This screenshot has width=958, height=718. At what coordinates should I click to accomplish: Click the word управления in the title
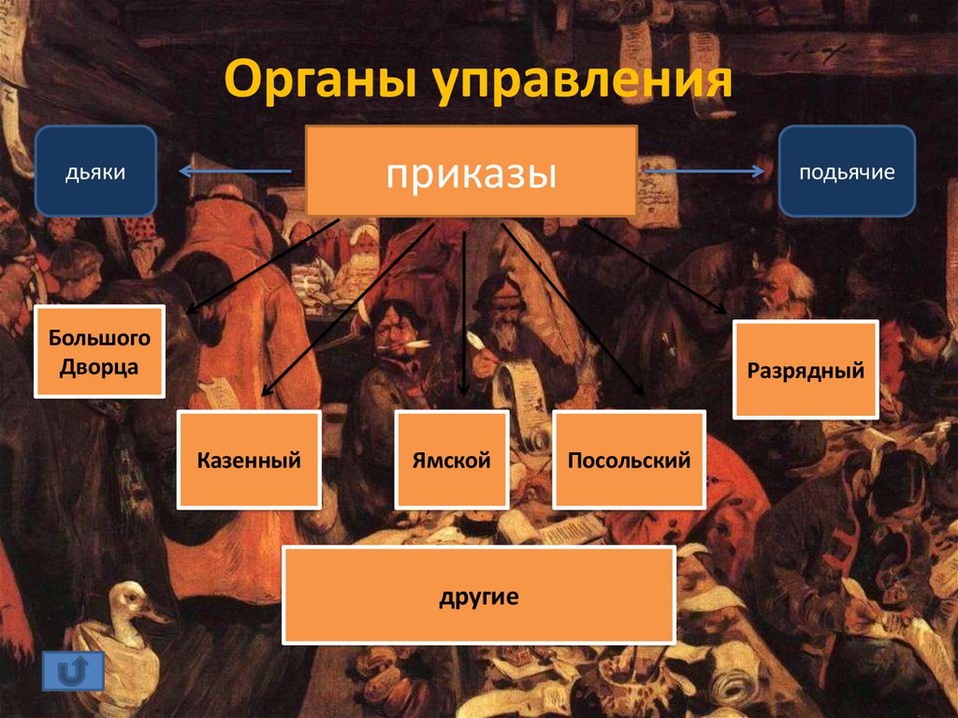pos(582,82)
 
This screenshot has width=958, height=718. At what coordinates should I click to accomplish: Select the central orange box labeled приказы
pos(472,172)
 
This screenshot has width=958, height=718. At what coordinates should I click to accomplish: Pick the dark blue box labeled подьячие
pos(847,171)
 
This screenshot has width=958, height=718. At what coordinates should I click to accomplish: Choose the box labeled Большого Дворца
pos(100,350)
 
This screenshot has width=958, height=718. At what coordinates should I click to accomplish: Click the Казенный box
pos(249,460)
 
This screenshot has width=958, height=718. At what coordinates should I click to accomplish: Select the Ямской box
pos(451,460)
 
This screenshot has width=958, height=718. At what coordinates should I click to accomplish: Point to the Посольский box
pos(629,460)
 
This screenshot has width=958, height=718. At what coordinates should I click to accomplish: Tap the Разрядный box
pos(805,370)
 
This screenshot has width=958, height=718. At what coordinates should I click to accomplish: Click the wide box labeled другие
pos(479,595)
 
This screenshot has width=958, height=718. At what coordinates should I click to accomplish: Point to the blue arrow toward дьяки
pos(234,170)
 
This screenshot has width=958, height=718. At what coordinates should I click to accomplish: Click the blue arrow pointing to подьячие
pos(704,171)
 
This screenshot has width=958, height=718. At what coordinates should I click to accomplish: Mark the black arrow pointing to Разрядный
pos(655,268)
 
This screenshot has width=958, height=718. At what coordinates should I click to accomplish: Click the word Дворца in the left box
pos(100,367)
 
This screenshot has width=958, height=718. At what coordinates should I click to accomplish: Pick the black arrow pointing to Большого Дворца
pos(262,266)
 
